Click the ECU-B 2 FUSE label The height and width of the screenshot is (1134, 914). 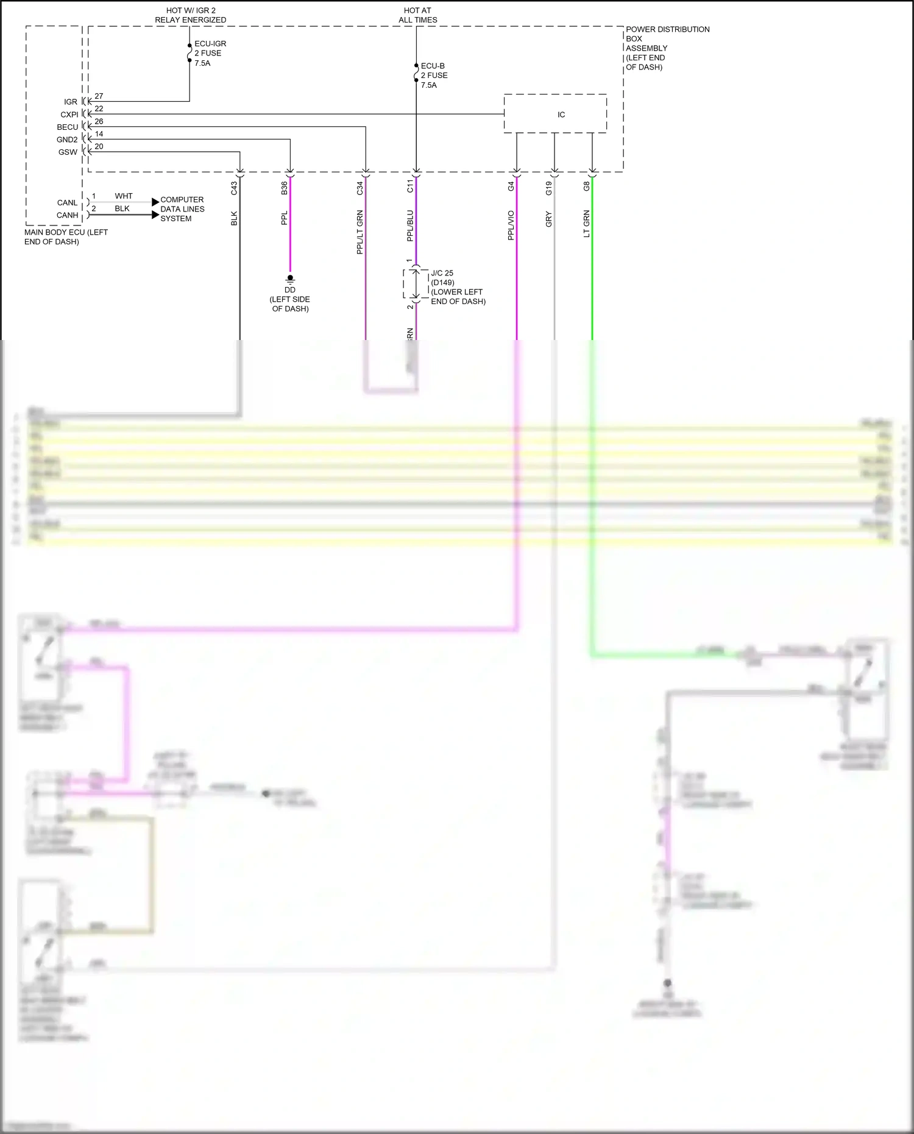click(x=434, y=76)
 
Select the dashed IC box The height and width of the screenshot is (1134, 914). click(x=555, y=114)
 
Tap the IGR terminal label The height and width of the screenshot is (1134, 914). click(x=71, y=102)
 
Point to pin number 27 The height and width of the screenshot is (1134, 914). click(x=99, y=96)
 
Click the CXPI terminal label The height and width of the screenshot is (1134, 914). click(x=69, y=115)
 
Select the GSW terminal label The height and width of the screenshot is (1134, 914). click(x=68, y=152)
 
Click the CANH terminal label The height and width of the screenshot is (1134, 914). click(x=67, y=215)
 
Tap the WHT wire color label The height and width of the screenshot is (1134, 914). click(x=124, y=196)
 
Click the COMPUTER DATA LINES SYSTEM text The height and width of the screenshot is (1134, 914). click(x=182, y=209)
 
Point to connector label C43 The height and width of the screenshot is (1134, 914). click(x=234, y=188)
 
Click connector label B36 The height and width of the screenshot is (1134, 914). click(x=284, y=188)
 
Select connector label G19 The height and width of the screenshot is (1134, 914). click(x=548, y=188)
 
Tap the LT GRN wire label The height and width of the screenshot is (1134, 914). click(x=586, y=224)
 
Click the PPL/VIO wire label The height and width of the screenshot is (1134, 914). click(x=511, y=225)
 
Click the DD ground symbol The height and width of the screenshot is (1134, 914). click(x=290, y=278)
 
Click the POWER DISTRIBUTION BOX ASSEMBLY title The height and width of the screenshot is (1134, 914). click(x=667, y=48)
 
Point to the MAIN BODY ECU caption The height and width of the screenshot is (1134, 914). click(x=66, y=237)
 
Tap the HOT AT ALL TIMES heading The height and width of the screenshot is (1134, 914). click(x=417, y=15)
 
